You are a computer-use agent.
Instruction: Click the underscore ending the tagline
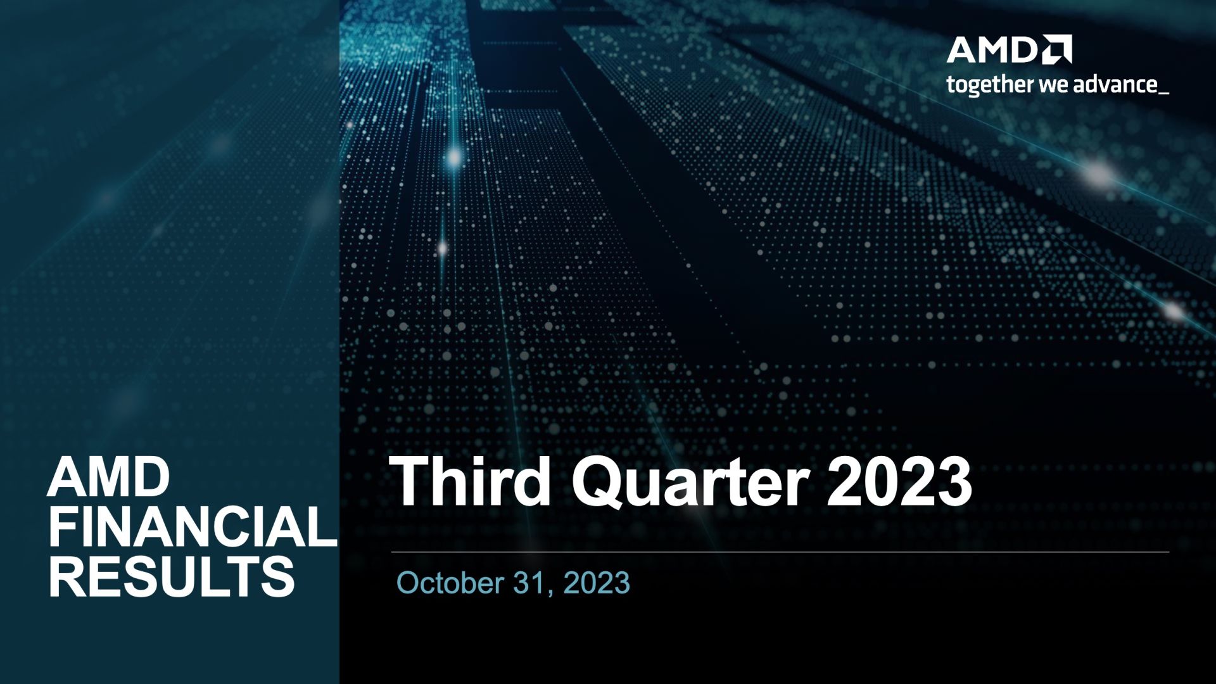pyautogui.click(x=1163, y=94)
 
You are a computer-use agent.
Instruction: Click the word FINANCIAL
pyautogui.click(x=193, y=527)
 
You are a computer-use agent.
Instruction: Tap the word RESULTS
pyautogui.click(x=172, y=577)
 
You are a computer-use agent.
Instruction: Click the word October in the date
pyautogui.click(x=450, y=583)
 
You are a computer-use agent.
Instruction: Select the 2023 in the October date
pyautogui.click(x=597, y=583)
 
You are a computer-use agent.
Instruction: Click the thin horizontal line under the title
pyautogui.click(x=780, y=552)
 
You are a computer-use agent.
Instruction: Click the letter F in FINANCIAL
pyautogui.click(x=62, y=527)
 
